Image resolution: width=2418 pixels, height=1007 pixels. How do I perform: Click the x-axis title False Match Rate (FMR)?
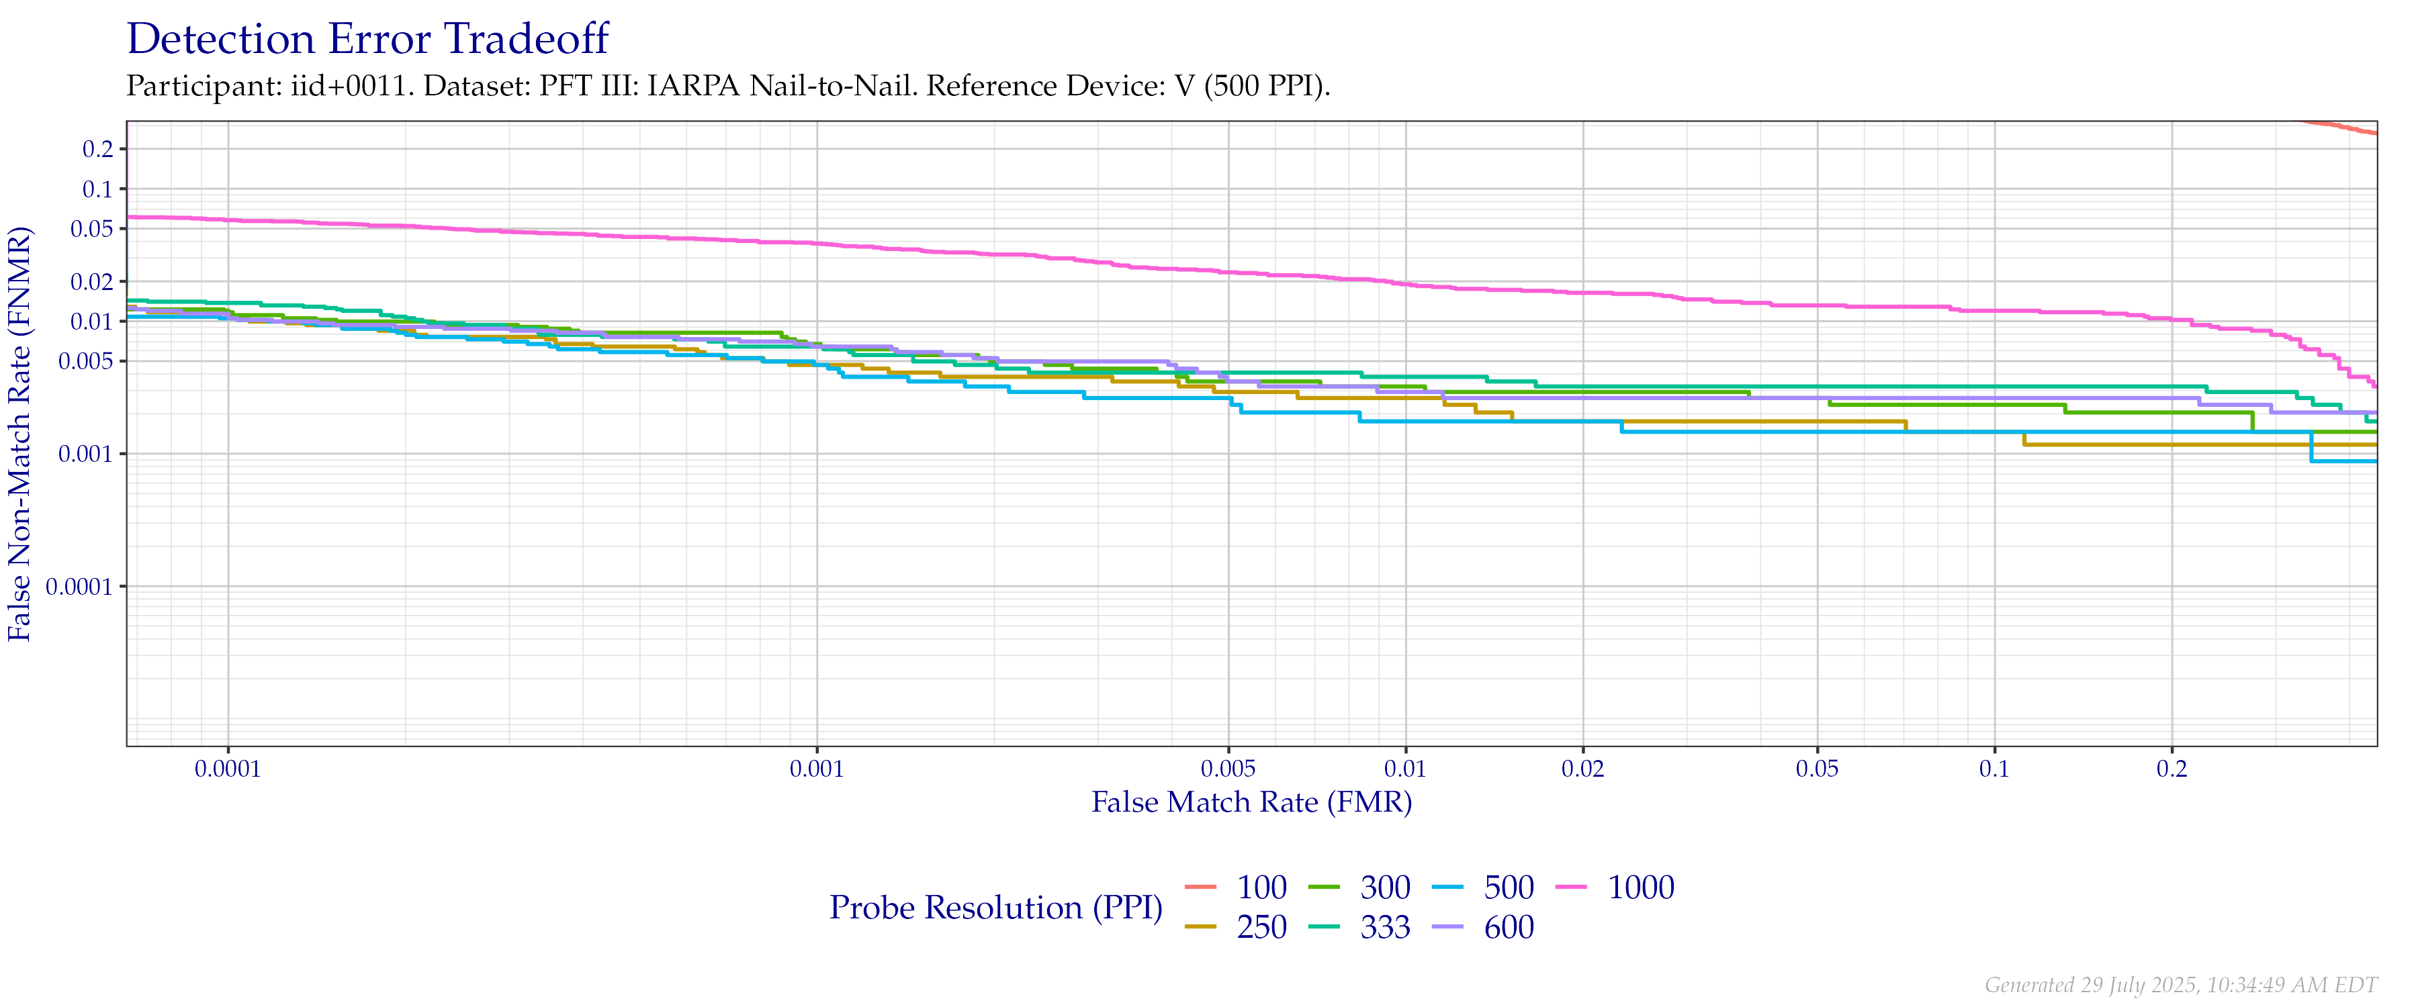1251,802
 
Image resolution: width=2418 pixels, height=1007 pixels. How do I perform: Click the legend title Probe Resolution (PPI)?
996,908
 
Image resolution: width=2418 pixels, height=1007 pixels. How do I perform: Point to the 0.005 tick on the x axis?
1228,769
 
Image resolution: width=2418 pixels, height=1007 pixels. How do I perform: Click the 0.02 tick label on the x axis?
1582,769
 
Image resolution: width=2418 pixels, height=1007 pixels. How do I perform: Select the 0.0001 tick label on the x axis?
228,769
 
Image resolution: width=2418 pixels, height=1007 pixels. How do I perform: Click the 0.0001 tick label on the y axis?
85,587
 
